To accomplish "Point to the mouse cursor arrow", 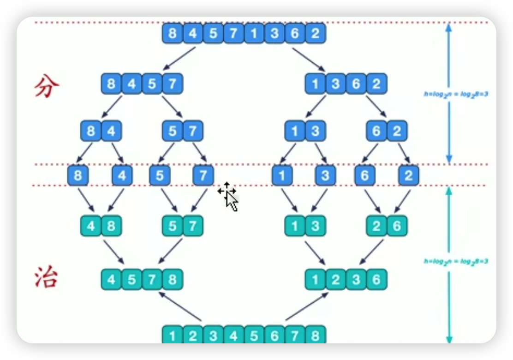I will pyautogui.click(x=232, y=201).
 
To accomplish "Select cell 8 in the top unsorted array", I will pyautogui.click(x=173, y=34).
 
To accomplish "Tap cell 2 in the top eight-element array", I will pyautogui.click(x=315, y=34).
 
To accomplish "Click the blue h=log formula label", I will pyautogui.click(x=456, y=94).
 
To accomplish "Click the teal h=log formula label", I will pyautogui.click(x=456, y=261).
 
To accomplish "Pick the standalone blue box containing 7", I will pyautogui.click(x=203, y=175).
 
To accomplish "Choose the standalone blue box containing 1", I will pyautogui.click(x=281, y=175).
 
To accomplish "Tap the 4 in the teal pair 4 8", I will pyautogui.click(x=91, y=226).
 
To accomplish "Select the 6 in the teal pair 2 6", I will pyautogui.click(x=397, y=226).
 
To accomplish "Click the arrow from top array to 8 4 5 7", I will pyautogui.click(x=180, y=58).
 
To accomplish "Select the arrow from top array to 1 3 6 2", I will pyautogui.click(x=308, y=58).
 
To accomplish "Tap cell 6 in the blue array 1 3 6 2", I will pyautogui.click(x=356, y=84).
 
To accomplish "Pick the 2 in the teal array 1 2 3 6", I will pyautogui.click(x=336, y=280).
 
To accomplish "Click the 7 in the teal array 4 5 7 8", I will pyautogui.click(x=152, y=280).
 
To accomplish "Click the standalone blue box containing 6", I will pyautogui.click(x=364, y=175).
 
